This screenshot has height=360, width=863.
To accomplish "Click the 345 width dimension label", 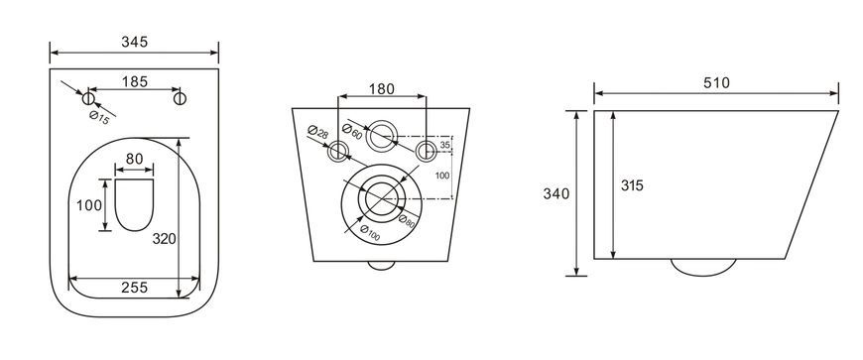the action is (x=134, y=42).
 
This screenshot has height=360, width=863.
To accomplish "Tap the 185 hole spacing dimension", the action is (x=135, y=81).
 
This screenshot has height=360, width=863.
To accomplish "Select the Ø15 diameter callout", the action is (x=99, y=117).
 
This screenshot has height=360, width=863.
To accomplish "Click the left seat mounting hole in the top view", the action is (x=88, y=98).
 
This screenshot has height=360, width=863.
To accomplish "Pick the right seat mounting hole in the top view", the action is (x=180, y=98).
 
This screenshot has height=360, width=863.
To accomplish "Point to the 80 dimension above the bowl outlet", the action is (x=134, y=159).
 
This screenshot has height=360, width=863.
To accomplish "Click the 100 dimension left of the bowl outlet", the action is (x=88, y=205).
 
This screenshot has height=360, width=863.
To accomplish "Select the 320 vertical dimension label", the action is (x=164, y=239).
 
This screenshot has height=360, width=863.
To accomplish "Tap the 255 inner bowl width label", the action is (x=134, y=288).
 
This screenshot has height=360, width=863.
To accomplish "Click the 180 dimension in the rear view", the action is (x=382, y=88).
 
